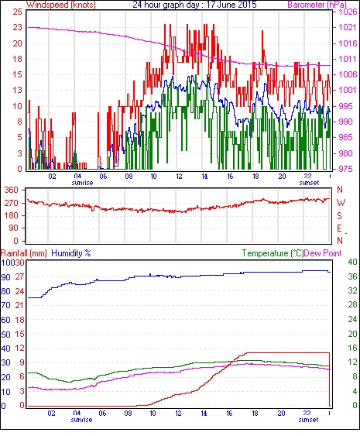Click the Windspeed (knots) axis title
coord(61,5)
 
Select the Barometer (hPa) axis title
coord(317,5)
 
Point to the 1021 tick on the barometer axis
coord(348,27)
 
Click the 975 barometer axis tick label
coord(347,169)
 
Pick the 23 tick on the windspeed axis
coord(17,28)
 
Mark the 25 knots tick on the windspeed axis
coord(17,12)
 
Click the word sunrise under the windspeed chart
coord(82,183)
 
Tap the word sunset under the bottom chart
coord(308,420)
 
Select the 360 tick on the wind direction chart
coord(12,191)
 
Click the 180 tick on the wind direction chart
coord(12,216)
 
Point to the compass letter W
coord(341,203)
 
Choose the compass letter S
coord(339,216)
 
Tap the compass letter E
coord(339,228)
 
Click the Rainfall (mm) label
coord(24,253)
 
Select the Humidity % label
coord(71,253)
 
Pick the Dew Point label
coord(323,253)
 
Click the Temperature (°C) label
coord(273,253)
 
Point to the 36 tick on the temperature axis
coord(352,276)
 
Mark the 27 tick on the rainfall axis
coord(19,276)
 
